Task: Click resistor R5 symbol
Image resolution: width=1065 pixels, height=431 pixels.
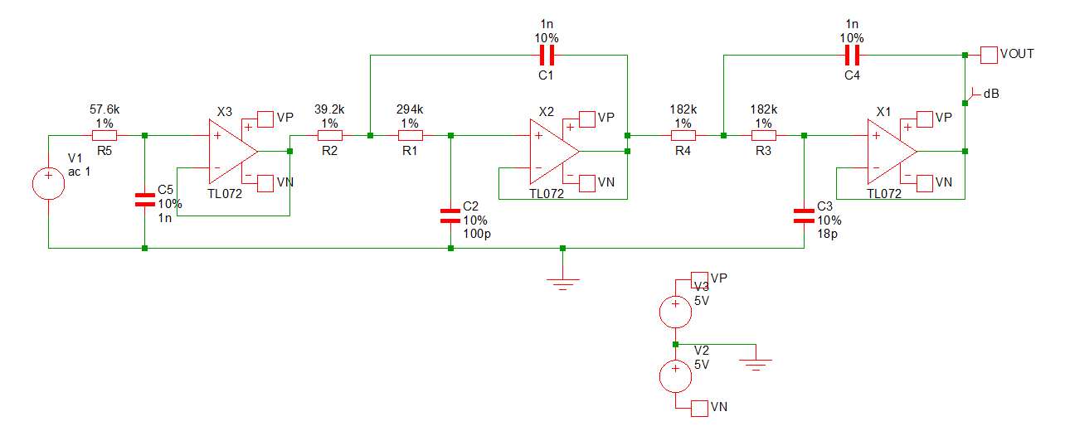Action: point(104,135)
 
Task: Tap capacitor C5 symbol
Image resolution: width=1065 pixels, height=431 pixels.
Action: point(144,200)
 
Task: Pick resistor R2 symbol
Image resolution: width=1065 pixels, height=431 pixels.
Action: point(329,135)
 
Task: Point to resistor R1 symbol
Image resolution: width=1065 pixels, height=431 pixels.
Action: point(410,135)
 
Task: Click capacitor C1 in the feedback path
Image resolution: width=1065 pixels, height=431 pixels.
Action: point(546,56)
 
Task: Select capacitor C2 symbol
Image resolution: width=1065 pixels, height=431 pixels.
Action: point(450,216)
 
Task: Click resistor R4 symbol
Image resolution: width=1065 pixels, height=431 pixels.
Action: point(683,135)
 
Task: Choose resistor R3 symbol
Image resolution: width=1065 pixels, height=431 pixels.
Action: point(763,135)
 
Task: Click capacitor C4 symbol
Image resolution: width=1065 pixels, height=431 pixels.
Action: point(852,56)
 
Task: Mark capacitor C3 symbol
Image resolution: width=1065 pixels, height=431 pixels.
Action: point(804,216)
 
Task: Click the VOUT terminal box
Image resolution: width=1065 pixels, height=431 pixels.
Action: point(989,55)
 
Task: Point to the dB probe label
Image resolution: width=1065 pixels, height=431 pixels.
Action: point(990,94)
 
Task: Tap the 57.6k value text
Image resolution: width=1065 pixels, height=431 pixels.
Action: point(105,109)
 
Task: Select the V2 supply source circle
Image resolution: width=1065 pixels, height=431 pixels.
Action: point(675,375)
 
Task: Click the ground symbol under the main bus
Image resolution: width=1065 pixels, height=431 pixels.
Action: point(562,282)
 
